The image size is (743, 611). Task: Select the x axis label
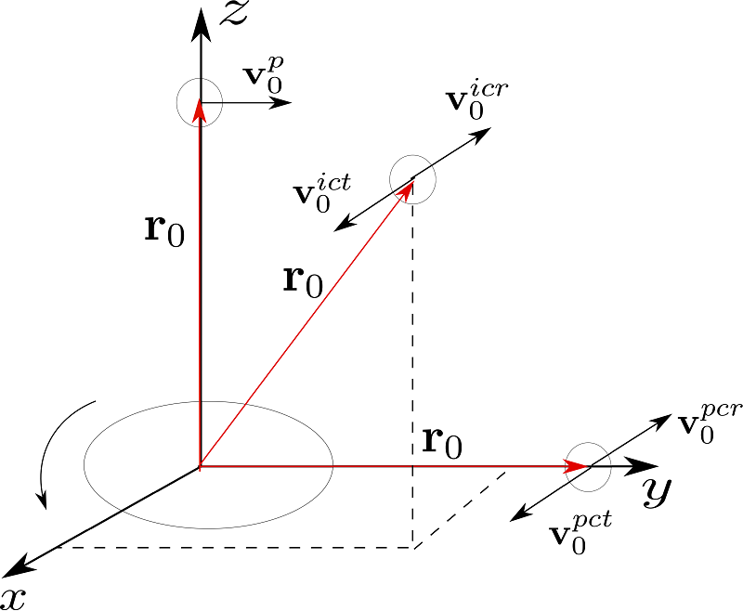click(16, 595)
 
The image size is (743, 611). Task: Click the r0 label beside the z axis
click(164, 228)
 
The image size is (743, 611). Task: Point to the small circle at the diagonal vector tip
click(412, 179)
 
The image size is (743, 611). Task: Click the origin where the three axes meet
click(200, 465)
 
